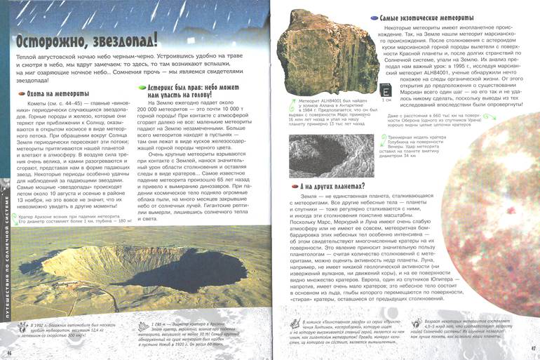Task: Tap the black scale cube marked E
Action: tap(384, 89)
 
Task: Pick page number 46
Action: tap(10, 351)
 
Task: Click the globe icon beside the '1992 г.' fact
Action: tap(20, 328)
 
